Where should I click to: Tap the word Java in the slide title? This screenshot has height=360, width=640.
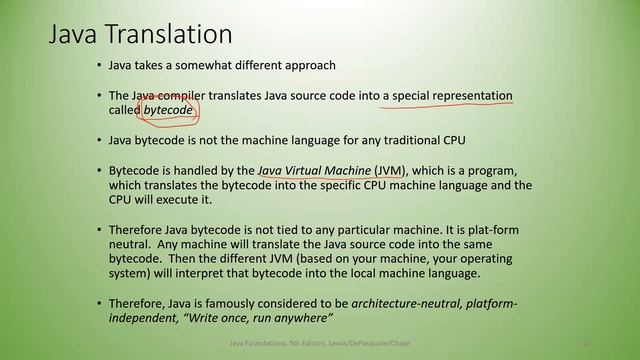(x=75, y=36)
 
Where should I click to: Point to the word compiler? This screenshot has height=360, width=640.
(x=184, y=96)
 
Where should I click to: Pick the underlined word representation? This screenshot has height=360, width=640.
(x=463, y=96)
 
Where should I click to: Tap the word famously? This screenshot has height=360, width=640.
(x=240, y=303)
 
